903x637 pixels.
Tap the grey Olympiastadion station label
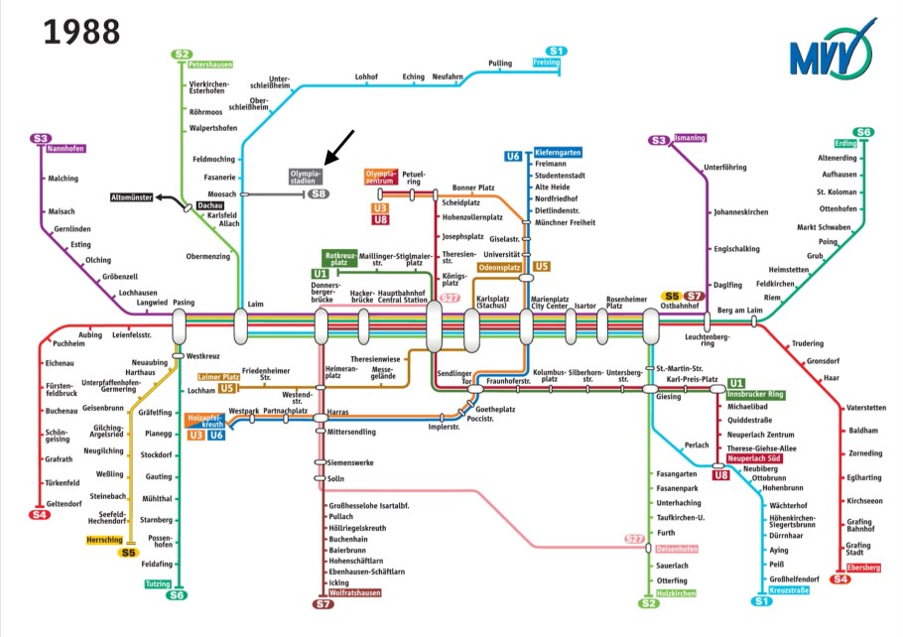pos(306,177)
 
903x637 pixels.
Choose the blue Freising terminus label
pos(547,63)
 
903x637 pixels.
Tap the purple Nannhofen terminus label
pos(65,149)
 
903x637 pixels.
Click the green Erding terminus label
pos(844,143)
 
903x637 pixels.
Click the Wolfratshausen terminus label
pos(354,592)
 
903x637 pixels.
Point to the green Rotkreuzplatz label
pos(340,258)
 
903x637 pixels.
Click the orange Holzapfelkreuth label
pos(206,422)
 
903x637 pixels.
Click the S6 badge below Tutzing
pos(177,595)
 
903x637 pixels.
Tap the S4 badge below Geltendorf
pos(40,515)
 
